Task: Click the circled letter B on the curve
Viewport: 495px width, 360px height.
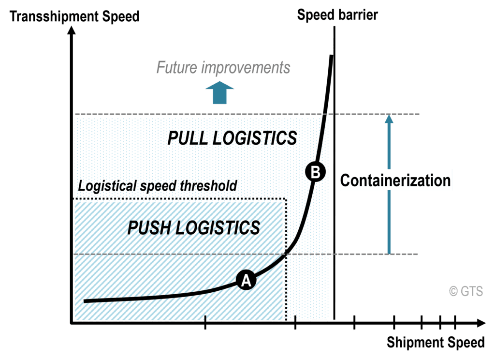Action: (315, 172)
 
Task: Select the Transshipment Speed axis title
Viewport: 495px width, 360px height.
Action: (74, 16)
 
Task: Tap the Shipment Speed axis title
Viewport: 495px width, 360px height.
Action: (435, 343)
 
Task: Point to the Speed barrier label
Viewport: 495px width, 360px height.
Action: (337, 15)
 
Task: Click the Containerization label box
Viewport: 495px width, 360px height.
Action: (395, 180)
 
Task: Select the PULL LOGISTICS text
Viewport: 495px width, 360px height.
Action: (232, 138)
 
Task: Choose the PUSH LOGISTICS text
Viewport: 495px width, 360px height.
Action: (193, 227)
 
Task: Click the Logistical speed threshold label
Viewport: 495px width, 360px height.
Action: (157, 186)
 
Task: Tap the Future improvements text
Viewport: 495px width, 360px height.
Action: (223, 68)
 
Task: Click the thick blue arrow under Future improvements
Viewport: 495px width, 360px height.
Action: (219, 92)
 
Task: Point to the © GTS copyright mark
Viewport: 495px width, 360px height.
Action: (466, 291)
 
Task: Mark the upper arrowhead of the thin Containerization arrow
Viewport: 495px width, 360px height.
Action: (388, 119)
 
